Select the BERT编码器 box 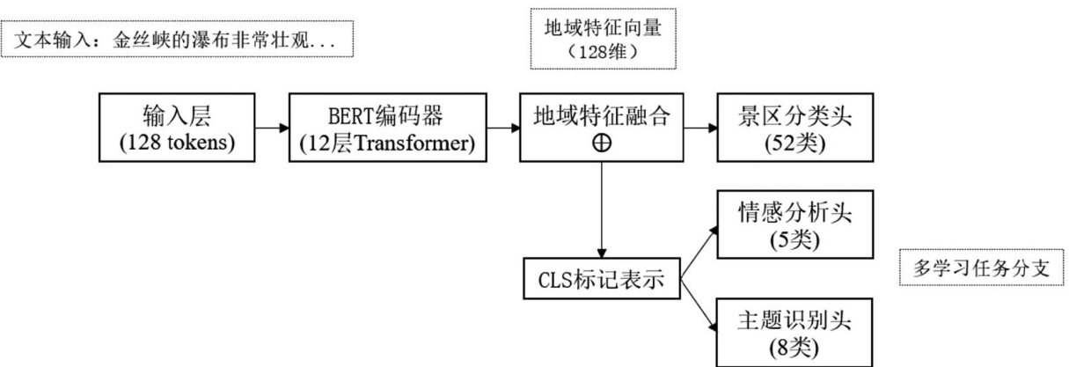392,128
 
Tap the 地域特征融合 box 603,128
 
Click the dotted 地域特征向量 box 603,40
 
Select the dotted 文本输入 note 179,40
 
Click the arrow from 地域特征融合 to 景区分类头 700,128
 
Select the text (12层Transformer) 392,143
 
